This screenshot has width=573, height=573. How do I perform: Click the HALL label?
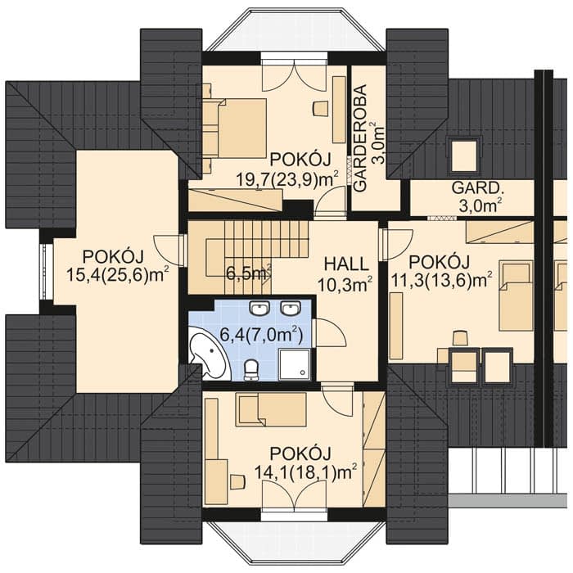tap(346, 264)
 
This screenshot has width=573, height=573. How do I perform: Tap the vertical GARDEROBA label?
tap(360, 138)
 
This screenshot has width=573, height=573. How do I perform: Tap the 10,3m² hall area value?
tap(345, 285)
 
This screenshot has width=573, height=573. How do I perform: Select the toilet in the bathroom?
tap(250, 369)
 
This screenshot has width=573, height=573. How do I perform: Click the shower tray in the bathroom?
tap(294, 364)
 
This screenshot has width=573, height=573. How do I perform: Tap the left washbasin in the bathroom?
tap(259, 309)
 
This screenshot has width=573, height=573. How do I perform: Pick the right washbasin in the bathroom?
tap(291, 309)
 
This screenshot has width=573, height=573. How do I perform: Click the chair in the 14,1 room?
tap(237, 481)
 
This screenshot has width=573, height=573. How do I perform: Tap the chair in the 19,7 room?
tap(321, 108)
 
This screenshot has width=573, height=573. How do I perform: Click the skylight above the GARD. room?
tap(464, 156)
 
